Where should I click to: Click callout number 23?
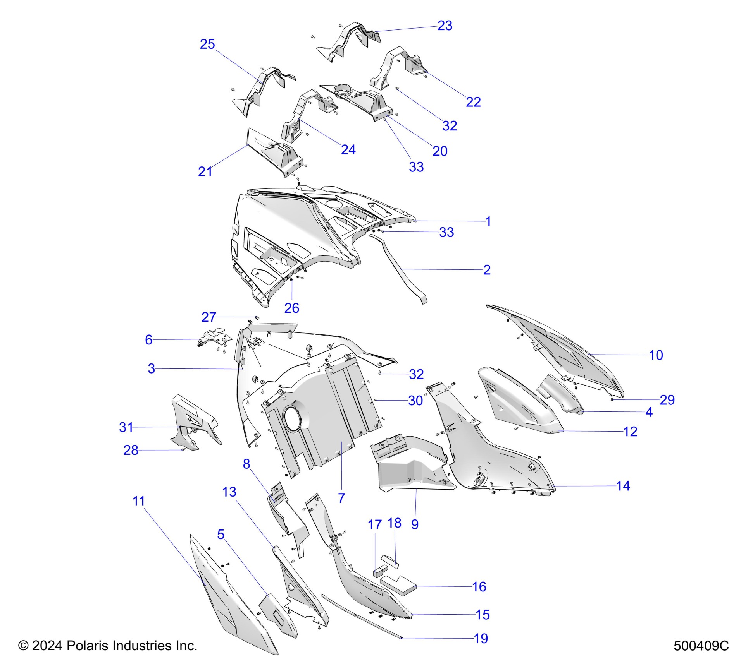pos(445,26)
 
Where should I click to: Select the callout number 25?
pos(207,44)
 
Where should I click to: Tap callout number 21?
pos(205,171)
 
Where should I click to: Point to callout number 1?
pos(488,221)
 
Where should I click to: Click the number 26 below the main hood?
pos(291,308)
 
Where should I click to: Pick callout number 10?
pos(656,355)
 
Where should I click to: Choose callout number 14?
pos(623,486)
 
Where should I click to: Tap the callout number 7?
pos(341,498)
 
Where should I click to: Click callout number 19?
pos(481,639)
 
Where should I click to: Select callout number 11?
pos(138,501)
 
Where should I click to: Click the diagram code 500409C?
pos(701,646)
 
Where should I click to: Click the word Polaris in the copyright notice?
pos(81,646)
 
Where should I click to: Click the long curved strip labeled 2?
pos(399,271)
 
